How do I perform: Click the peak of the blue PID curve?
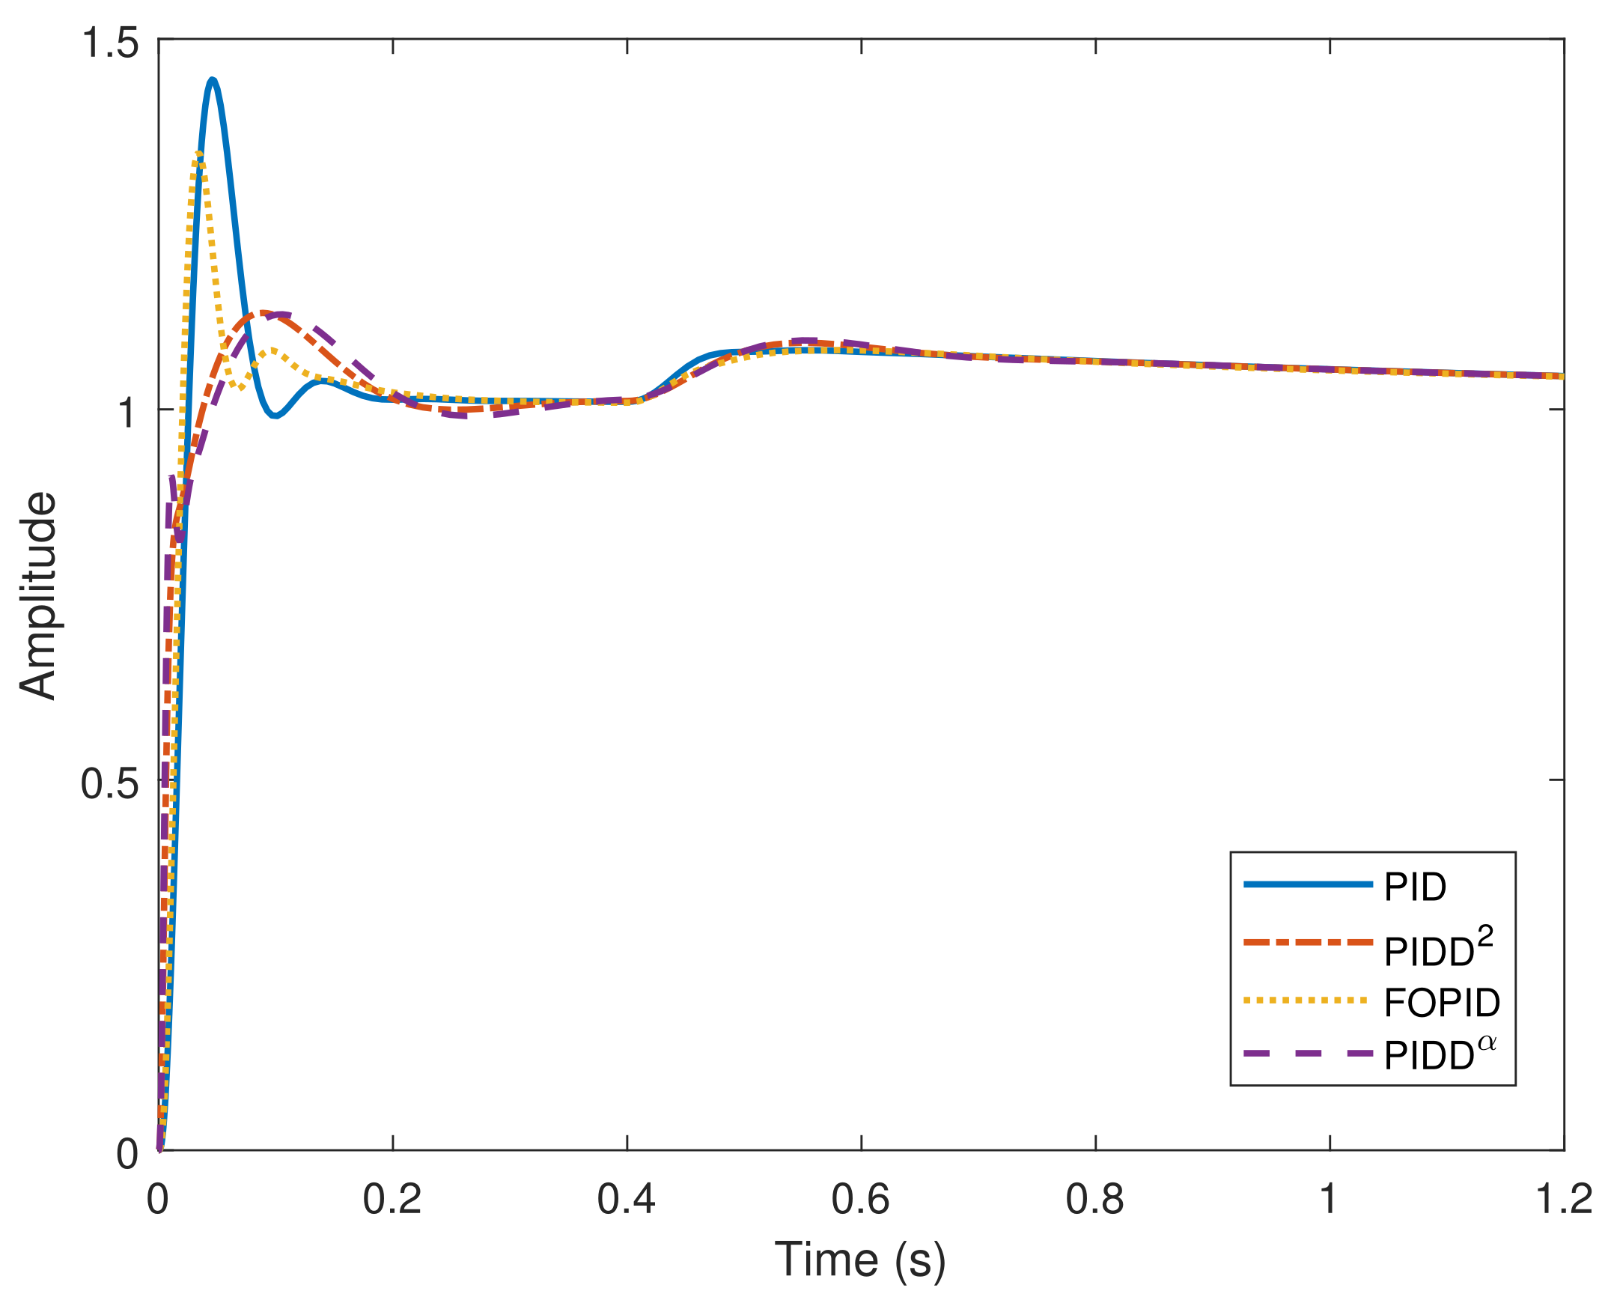pos(213,79)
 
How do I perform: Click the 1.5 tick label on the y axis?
pos(110,42)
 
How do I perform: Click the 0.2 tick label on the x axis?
pos(392,1200)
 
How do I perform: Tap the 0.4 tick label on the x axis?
pos(626,1200)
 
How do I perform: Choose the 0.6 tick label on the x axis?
pos(860,1200)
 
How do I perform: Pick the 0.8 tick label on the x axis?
pos(1094,1200)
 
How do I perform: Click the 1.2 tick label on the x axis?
pos(1564,1200)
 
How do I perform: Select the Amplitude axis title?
pos(37,595)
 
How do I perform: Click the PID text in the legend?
pos(1415,887)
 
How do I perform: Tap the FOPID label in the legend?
pos(1442,1003)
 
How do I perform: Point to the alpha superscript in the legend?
pos(1487,1043)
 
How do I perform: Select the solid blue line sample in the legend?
pos(1308,885)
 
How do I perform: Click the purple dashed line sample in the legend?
pos(1308,1054)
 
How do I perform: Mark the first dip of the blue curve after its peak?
pos(276,415)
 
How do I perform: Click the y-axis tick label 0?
pos(127,1155)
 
